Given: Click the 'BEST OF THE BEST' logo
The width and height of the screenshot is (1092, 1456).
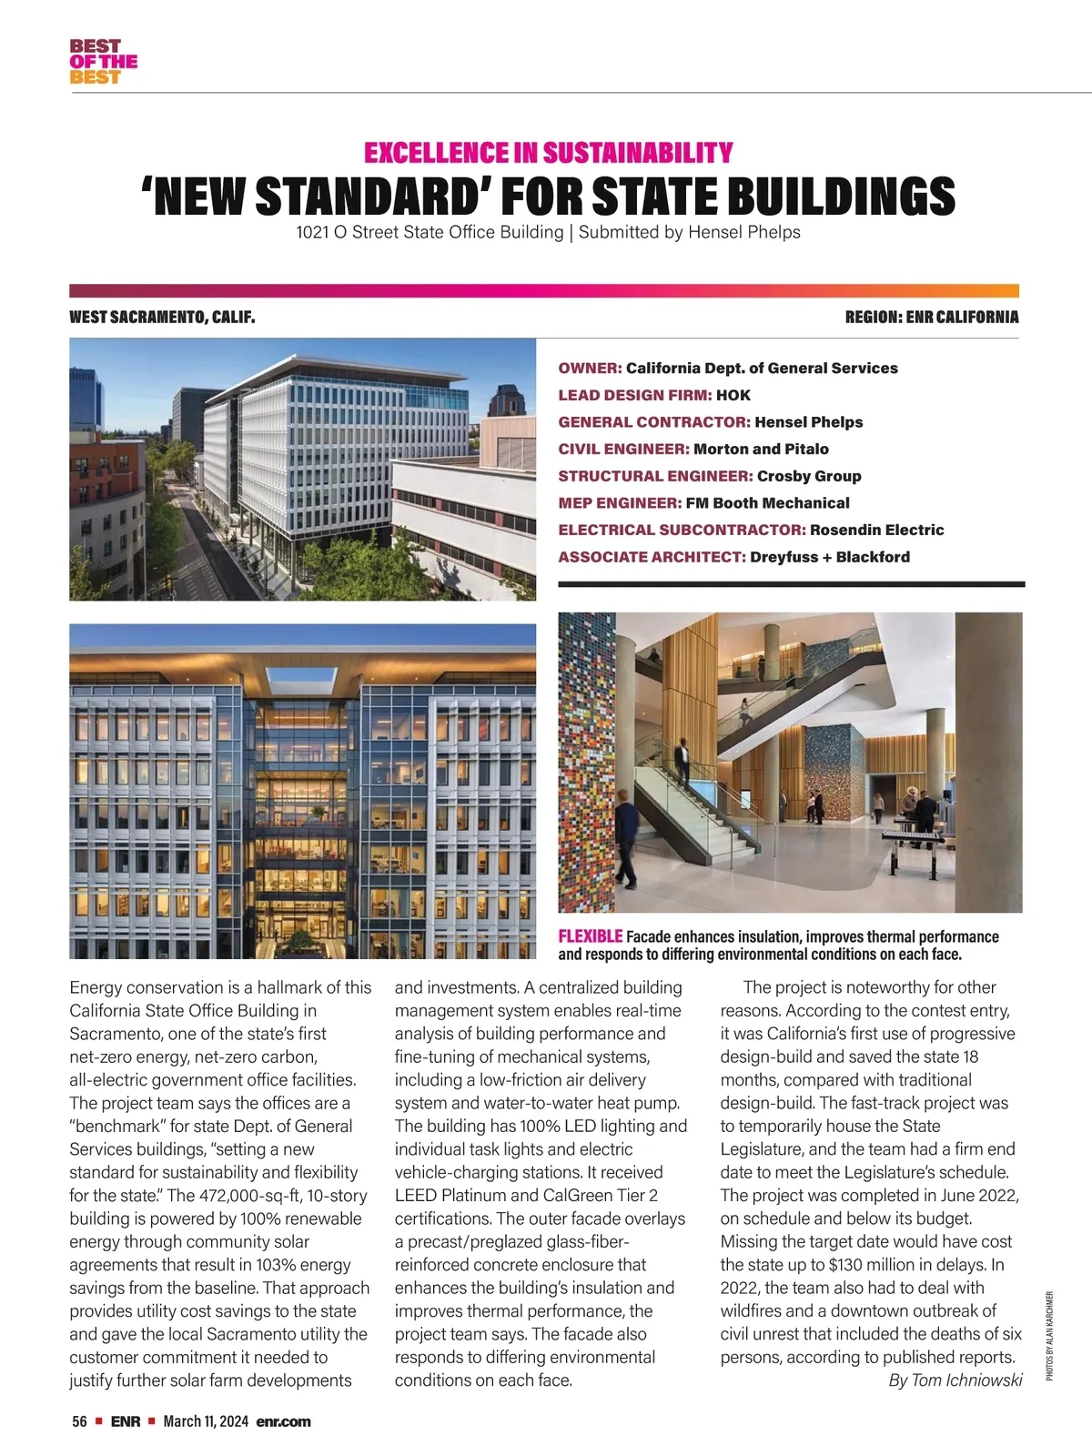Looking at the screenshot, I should [x=103, y=62].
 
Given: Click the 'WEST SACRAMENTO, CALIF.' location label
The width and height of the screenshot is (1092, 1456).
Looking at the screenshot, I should [x=162, y=318].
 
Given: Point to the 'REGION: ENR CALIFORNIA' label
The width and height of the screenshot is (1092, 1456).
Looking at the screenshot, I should [x=931, y=318].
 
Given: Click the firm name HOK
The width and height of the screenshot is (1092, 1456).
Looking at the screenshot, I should [x=733, y=395].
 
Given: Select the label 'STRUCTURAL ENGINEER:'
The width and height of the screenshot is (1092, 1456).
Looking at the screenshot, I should [x=655, y=476].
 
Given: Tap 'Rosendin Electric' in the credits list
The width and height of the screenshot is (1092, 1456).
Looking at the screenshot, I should [x=876, y=530].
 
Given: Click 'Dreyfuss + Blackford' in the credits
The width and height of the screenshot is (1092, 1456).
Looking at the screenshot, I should [x=829, y=557].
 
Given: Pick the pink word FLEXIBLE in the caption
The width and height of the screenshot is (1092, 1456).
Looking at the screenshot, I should [x=590, y=936].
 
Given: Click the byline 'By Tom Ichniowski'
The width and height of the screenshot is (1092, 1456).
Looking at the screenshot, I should [x=955, y=1380].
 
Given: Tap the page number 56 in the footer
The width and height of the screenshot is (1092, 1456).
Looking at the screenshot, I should [x=79, y=1421].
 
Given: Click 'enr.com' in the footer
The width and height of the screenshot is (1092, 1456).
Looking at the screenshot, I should [x=283, y=1421].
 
